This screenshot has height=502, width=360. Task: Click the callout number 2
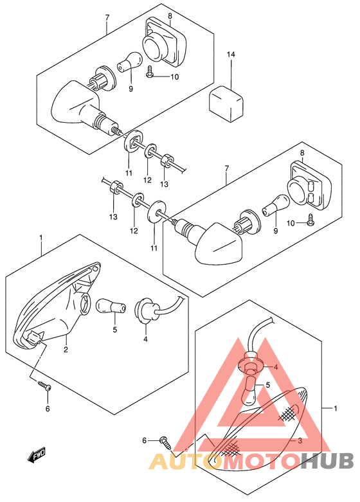click(x=66, y=350)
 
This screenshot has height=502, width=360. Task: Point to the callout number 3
click(x=300, y=440)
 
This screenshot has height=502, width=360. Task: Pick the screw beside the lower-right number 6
click(x=166, y=443)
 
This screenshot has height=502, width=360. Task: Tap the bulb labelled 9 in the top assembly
click(x=130, y=62)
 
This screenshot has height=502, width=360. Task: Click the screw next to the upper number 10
click(x=150, y=71)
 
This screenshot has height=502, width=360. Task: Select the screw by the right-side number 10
click(x=310, y=221)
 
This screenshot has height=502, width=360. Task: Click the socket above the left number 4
click(x=147, y=309)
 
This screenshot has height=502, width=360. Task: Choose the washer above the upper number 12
click(x=150, y=150)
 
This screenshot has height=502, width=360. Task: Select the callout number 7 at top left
click(x=107, y=17)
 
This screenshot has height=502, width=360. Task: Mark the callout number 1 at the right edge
click(x=336, y=408)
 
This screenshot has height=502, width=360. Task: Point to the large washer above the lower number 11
click(x=157, y=211)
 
